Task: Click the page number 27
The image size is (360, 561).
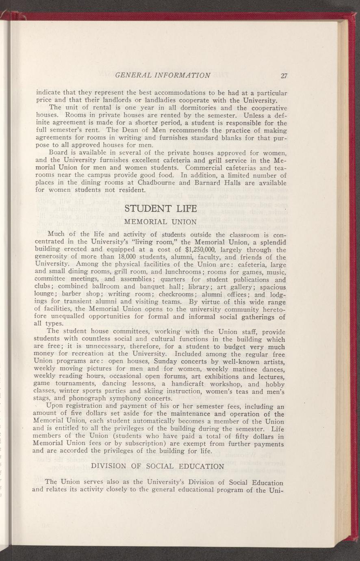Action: (284, 75)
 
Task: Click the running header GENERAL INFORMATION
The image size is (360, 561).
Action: (163, 75)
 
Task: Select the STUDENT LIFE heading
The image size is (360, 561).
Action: (160, 209)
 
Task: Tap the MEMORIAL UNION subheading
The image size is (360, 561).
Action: (160, 222)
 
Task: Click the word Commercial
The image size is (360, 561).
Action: (206, 168)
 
